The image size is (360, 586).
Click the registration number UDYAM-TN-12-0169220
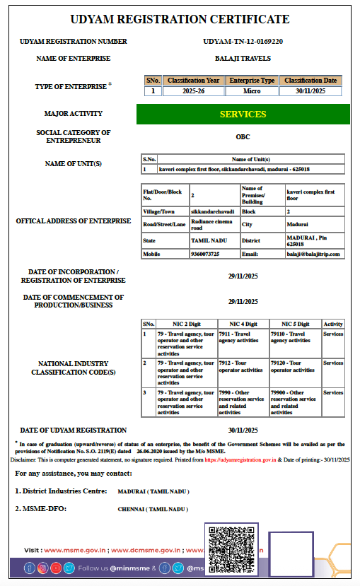243,42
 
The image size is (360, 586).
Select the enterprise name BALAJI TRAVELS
243,59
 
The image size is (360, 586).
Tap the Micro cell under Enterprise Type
252,91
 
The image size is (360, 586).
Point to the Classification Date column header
310,81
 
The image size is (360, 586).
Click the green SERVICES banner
243,114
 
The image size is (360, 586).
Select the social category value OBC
243,136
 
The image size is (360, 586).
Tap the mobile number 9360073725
205,254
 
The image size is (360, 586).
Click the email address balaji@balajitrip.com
313,254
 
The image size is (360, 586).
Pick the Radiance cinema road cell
214,225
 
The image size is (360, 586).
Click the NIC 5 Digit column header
295,323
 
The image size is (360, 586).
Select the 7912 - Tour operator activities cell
243,367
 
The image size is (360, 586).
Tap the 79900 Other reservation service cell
295,402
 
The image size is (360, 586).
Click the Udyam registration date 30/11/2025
243,430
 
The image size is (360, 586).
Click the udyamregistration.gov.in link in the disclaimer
250,459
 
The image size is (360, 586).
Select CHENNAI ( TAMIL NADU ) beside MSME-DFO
153,509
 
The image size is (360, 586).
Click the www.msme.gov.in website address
75,549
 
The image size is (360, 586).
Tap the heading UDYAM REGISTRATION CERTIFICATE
180,19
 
